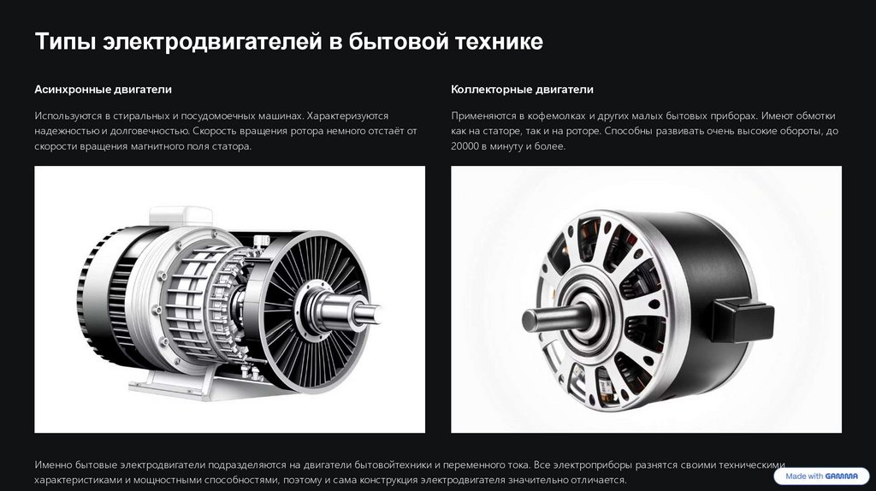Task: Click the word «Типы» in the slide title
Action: (x=64, y=42)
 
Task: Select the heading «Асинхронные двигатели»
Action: (x=104, y=89)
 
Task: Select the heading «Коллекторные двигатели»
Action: (x=523, y=89)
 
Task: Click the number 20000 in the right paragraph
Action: (x=465, y=146)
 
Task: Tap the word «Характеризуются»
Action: (x=347, y=115)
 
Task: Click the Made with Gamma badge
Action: (x=821, y=476)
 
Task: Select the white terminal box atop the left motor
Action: (x=181, y=216)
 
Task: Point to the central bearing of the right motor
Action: (x=587, y=316)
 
